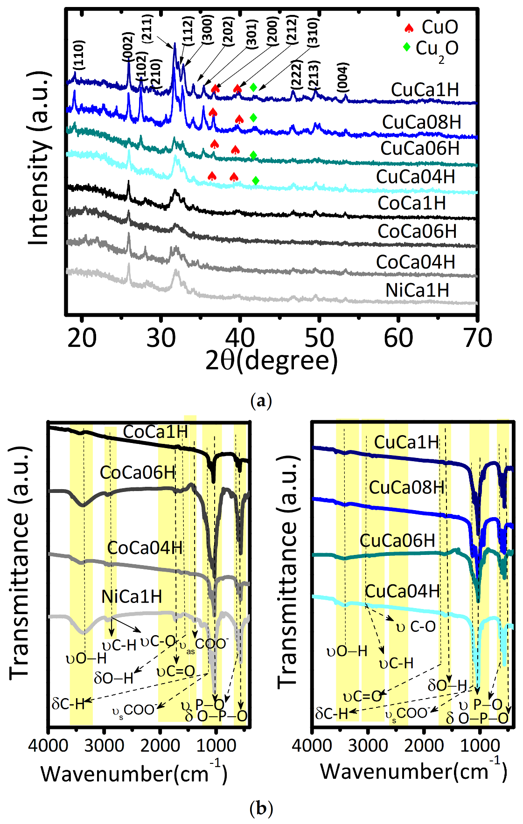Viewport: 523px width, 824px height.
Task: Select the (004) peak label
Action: tap(343, 77)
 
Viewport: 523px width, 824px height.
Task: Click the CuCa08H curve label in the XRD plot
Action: tap(421, 122)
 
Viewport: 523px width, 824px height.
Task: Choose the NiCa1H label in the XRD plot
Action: tap(417, 291)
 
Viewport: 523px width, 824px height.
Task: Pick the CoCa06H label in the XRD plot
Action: tap(417, 232)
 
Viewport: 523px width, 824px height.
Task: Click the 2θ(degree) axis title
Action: tap(272, 360)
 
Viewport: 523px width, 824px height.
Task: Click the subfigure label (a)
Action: tap(261, 401)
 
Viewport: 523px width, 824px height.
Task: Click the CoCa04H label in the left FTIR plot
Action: tap(145, 548)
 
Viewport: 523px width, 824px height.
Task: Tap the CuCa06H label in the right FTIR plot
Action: tap(397, 541)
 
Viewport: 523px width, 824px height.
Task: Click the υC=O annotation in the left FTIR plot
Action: tap(175, 672)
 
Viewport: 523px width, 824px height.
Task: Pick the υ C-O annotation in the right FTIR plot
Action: tap(416, 627)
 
